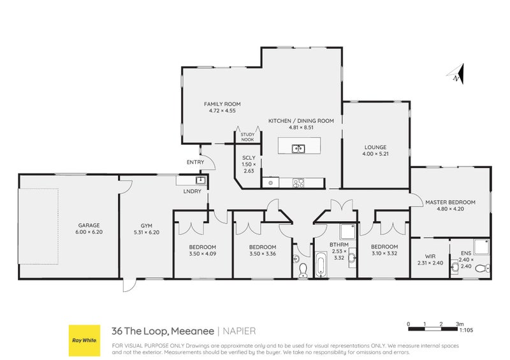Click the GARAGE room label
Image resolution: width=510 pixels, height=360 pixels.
(89, 225)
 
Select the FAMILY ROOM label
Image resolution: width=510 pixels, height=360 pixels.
(222, 104)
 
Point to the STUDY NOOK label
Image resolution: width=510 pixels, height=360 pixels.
(247, 137)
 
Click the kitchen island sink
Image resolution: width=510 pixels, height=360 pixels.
(297, 149)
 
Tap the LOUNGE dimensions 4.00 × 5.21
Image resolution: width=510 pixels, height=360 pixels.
(375, 154)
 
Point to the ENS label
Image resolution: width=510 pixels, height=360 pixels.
(465, 252)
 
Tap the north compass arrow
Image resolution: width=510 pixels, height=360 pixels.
(457, 74)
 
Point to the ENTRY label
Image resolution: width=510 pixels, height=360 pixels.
(195, 162)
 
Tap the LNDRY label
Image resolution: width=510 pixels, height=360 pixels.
(192, 191)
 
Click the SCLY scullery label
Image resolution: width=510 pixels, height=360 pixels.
(249, 157)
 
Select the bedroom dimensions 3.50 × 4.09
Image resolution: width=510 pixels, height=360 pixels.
(202, 254)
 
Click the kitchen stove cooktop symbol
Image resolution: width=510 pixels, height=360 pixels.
(298, 183)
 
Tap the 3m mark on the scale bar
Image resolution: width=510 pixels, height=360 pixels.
(460, 323)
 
